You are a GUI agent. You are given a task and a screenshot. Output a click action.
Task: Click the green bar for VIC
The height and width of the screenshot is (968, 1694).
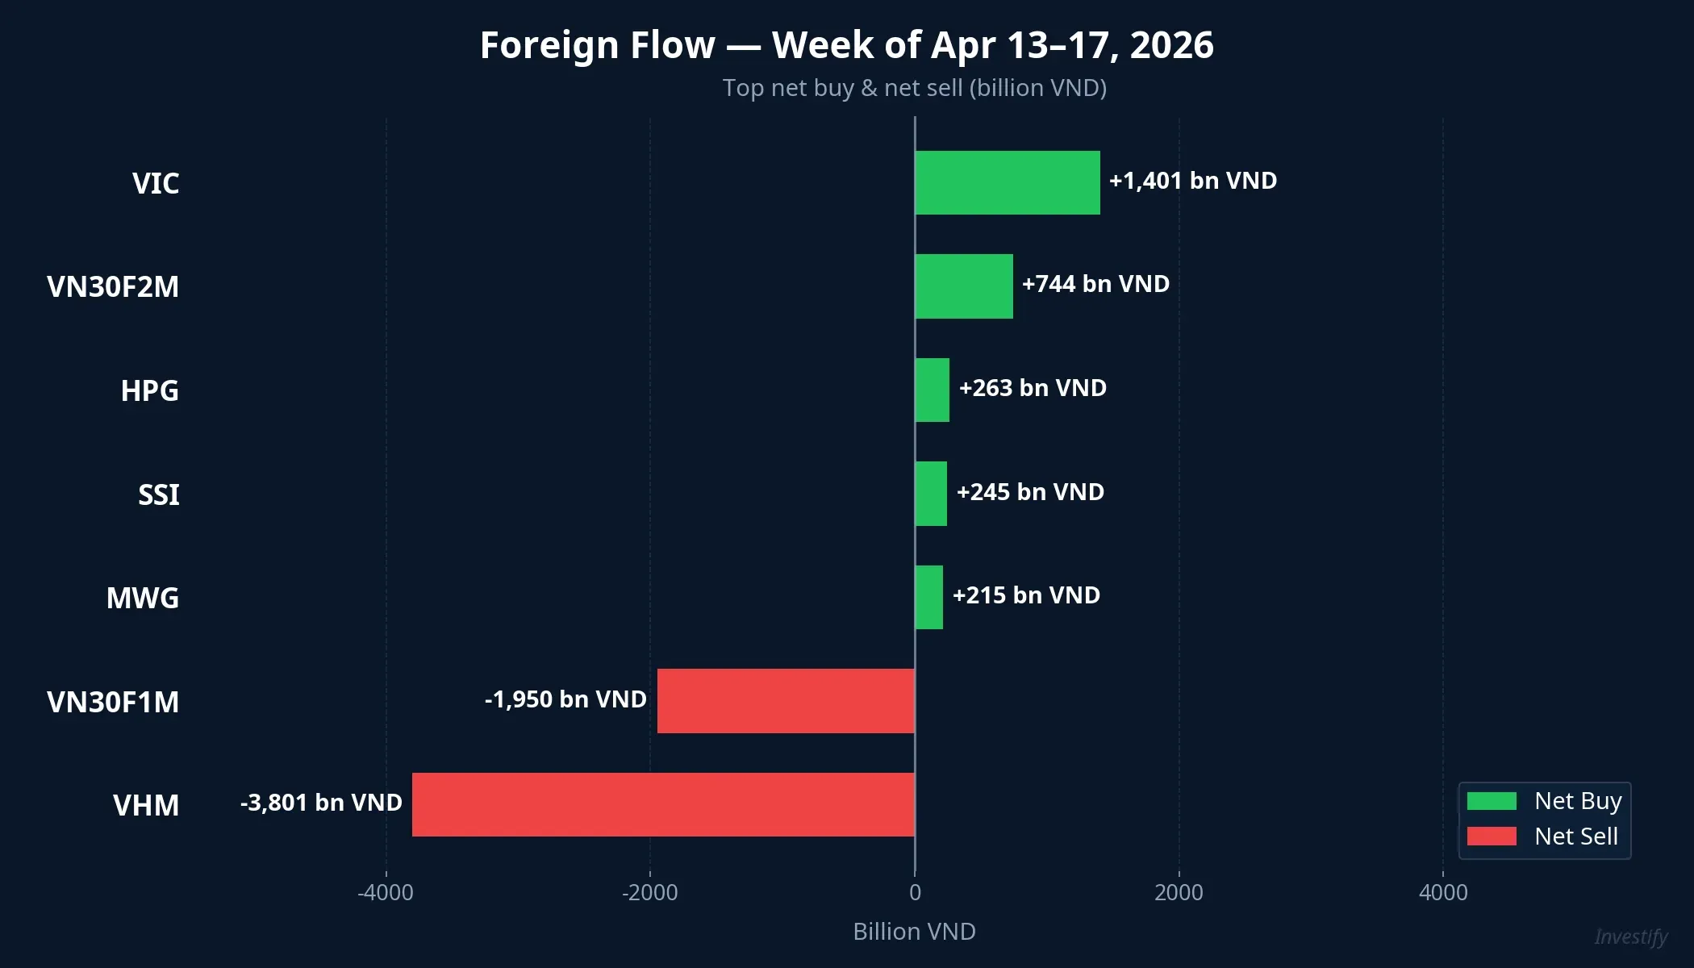[x=1007, y=182]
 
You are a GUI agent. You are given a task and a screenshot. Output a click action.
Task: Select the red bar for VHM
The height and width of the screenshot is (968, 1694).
[x=663, y=804]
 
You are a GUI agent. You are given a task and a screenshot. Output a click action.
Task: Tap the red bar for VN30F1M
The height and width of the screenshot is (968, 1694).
[x=786, y=700]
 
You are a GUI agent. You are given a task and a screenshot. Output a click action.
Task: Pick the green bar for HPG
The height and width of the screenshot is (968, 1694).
[x=932, y=390]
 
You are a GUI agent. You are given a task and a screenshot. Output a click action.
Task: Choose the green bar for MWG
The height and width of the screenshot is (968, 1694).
[x=928, y=597]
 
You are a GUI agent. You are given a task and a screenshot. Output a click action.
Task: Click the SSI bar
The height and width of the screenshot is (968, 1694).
[x=931, y=494]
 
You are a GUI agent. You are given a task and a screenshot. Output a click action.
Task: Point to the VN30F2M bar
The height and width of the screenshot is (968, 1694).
[x=964, y=286]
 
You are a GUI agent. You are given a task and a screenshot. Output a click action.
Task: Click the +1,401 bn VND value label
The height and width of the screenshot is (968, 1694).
[x=1192, y=181]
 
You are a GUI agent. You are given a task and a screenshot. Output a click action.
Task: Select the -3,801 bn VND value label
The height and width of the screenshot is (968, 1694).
[x=321, y=803]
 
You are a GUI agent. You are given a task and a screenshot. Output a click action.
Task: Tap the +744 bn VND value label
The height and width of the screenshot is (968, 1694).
[x=1095, y=284]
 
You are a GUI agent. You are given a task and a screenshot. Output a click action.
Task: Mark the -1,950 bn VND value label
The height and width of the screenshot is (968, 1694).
[x=565, y=699]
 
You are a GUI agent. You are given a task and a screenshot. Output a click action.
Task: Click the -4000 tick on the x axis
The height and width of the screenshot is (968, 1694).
[x=386, y=892]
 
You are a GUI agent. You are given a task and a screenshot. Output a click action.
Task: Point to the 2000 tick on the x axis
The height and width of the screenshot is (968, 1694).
[x=1179, y=892]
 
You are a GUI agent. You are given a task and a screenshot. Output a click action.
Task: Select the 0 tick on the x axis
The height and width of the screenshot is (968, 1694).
[x=915, y=892]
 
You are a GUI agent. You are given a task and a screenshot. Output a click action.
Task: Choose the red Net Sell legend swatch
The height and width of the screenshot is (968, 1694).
[x=1492, y=837]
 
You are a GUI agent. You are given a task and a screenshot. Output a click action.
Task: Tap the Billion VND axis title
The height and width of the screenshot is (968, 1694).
[x=914, y=932]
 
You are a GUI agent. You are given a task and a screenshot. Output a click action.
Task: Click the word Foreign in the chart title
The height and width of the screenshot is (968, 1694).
[x=597, y=45]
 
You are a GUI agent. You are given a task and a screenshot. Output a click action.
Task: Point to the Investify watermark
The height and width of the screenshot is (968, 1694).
[x=1630, y=937]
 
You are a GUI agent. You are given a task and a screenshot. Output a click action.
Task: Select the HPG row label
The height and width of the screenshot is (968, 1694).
[x=150, y=390]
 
